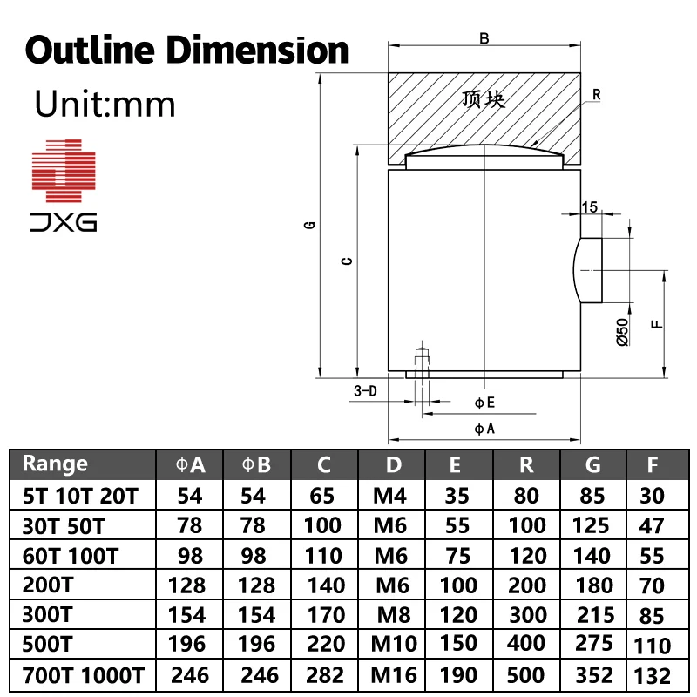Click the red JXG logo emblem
tap(64, 166)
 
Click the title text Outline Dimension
tap(186, 50)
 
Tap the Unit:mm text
tap(105, 105)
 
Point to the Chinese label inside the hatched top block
tap(484, 99)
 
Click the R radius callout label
tap(596, 94)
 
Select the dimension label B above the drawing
tap(484, 37)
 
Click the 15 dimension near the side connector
tap(590, 206)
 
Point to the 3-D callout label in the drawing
tap(365, 391)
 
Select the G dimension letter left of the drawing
tap(309, 226)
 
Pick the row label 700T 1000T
tap(80, 674)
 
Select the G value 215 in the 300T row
tap(595, 614)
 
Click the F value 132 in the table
tap(653, 675)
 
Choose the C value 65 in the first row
tap(322, 496)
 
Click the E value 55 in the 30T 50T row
tap(457, 525)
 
